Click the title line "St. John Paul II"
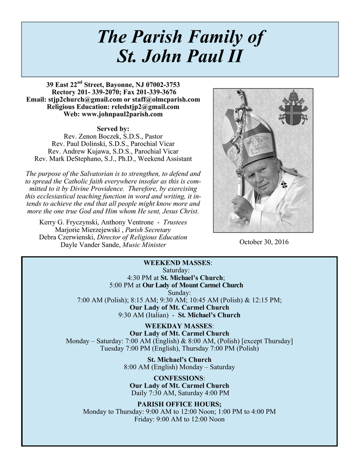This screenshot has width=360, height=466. tap(180, 57)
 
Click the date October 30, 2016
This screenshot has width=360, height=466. tap(264, 242)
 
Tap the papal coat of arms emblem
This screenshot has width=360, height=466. tap(293, 108)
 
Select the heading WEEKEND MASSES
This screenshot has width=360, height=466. tap(177, 263)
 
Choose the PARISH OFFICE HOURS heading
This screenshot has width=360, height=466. tap(179, 405)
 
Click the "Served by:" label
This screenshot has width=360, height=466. tap(113, 129)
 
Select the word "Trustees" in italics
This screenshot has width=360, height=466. tap(175, 223)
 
